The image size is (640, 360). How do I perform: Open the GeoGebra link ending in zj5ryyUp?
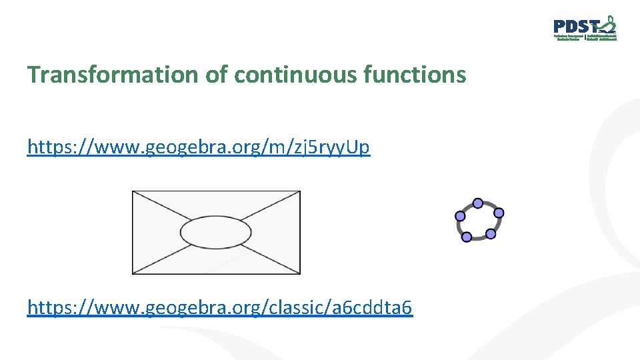click(199, 147)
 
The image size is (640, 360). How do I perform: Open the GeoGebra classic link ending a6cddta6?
click(220, 307)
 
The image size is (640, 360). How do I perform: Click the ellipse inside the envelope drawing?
click(216, 232)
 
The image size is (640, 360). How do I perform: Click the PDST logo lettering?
click(575, 27)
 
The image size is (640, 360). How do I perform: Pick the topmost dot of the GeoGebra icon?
click(477, 203)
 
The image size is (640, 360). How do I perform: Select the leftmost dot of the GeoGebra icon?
click(460, 216)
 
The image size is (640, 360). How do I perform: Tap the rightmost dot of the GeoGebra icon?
click(499, 213)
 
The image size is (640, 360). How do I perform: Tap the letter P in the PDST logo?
click(559, 27)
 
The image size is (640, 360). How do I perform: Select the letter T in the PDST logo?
click(592, 27)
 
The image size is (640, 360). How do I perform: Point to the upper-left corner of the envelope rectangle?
click(133, 191)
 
